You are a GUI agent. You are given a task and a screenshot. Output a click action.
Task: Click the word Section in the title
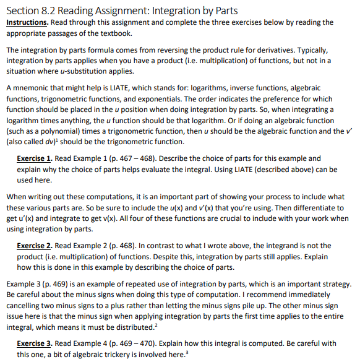pyautogui.click(x=25, y=10)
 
